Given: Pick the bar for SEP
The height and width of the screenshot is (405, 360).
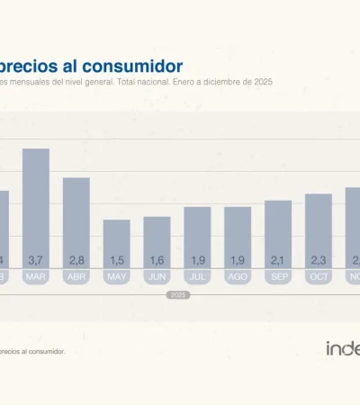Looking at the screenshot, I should click(x=278, y=230).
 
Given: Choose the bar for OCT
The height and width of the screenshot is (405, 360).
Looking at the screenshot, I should click(x=319, y=227).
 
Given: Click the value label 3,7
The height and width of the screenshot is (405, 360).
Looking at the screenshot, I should click(x=35, y=260).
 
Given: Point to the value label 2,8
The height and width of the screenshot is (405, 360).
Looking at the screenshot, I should click(x=76, y=260).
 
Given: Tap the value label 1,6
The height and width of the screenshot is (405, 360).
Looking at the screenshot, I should click(x=157, y=260).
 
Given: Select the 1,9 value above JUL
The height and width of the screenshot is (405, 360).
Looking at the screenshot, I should click(x=197, y=260).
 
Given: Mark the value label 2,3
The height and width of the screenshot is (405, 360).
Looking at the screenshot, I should click(x=319, y=260).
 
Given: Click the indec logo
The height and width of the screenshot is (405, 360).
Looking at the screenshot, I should click(x=343, y=348).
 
